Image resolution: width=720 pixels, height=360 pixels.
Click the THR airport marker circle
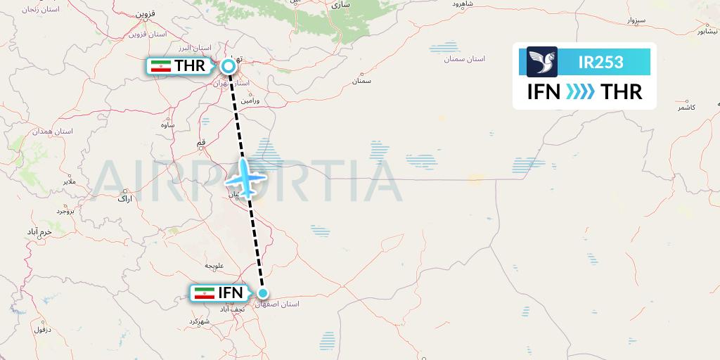tap(229, 66)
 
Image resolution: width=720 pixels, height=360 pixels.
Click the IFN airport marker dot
tap(263, 293)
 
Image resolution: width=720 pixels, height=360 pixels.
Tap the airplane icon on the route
tap(245, 179)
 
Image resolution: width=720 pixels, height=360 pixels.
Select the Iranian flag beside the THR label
tap(162, 66)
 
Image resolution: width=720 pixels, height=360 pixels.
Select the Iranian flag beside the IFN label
tap(205, 293)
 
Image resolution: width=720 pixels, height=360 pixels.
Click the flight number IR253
tap(600, 62)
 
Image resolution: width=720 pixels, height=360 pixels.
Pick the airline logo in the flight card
tap(542, 62)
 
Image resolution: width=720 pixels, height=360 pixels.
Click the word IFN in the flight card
tap(544, 92)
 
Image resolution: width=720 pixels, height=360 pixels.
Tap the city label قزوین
tap(145, 14)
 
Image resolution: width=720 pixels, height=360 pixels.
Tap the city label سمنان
tap(362, 82)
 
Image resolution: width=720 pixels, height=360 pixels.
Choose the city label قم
tap(202, 143)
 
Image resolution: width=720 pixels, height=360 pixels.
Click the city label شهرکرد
tap(200, 321)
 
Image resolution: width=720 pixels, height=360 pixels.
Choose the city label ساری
tap(341, 5)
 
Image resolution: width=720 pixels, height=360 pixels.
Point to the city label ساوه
tap(167, 125)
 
